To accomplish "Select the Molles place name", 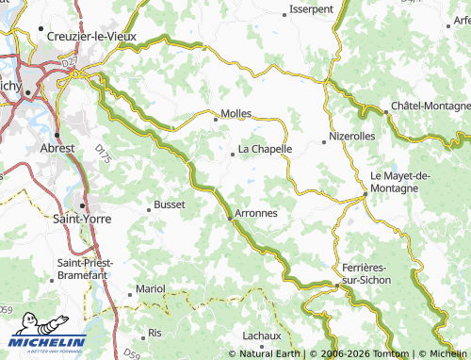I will pos(235,113).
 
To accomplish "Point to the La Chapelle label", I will pos(265,149).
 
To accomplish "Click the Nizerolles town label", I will pos(352,137).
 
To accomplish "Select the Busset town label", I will pos(170,204).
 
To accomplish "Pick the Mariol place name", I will pos(150,287).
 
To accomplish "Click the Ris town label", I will pos(154,334).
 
